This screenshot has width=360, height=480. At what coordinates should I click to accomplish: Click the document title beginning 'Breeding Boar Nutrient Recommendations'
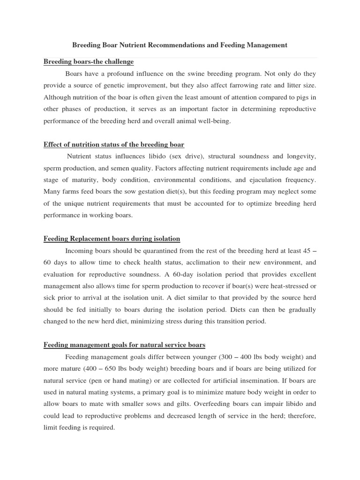point(180,45)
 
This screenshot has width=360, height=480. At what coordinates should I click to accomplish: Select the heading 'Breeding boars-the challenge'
point(89,62)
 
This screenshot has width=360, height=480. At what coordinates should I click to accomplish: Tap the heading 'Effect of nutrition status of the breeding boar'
point(114,144)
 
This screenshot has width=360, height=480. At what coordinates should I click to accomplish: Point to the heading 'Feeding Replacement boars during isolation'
point(112,239)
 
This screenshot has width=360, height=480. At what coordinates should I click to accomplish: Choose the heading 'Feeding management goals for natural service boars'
point(124,345)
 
